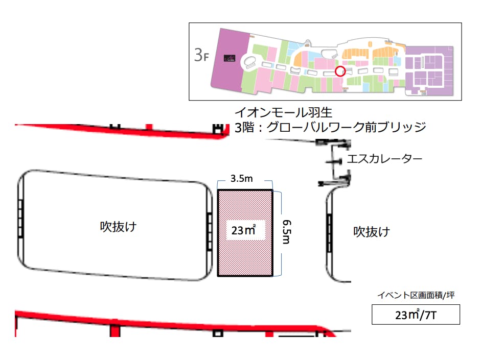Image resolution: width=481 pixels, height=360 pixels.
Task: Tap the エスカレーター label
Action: [384, 159]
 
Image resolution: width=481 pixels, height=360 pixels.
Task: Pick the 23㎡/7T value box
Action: [416, 314]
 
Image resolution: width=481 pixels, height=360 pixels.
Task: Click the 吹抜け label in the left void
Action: [118, 227]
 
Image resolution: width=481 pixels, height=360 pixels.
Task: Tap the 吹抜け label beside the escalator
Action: [372, 232]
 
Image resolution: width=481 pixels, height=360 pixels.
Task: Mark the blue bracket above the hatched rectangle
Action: [245, 185]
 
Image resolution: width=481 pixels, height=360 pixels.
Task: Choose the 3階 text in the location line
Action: [245, 127]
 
